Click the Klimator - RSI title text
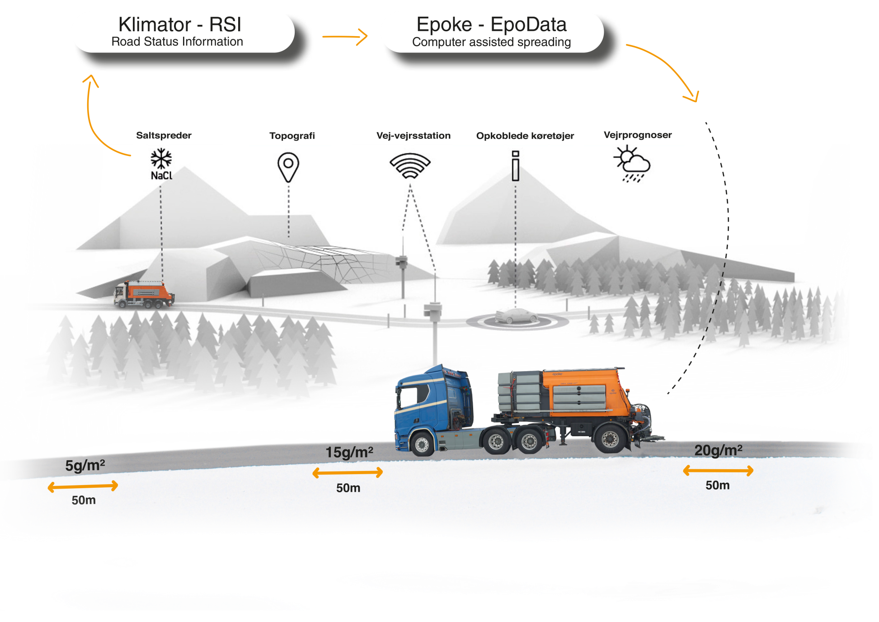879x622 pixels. point(179,24)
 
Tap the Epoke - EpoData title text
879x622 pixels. point(491,24)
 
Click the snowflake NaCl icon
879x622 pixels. point(161,164)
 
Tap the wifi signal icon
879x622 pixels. point(410,166)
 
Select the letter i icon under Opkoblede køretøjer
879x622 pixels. point(515,166)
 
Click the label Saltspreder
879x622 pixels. point(164,135)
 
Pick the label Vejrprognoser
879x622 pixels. point(637,135)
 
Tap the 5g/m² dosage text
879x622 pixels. point(85,465)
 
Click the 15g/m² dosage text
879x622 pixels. point(349,452)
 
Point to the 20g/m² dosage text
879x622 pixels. point(718,450)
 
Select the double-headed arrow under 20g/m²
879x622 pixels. point(718,471)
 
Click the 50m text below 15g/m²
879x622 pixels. point(348,488)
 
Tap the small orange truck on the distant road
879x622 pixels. point(144,294)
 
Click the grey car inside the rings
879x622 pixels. point(516,316)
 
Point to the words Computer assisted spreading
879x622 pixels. point(491,42)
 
